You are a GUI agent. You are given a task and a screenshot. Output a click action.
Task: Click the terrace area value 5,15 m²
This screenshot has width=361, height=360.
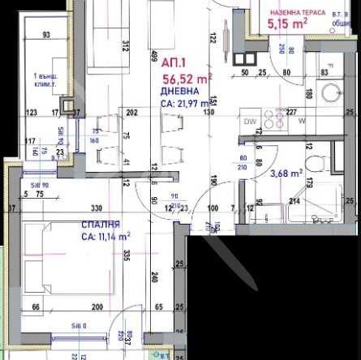coord(286,26)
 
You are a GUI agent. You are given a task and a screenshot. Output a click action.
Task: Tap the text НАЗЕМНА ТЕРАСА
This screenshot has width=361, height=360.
coord(297,13)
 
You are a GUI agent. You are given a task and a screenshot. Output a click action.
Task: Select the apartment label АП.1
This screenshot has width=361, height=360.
coord(173,62)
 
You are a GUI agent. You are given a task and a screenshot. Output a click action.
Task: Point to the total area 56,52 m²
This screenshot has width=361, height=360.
coord(186,79)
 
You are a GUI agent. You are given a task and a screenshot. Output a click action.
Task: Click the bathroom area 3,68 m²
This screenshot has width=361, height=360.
coord(286,172)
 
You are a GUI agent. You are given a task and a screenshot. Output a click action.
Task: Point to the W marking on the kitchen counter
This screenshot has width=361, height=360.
coord(302,122)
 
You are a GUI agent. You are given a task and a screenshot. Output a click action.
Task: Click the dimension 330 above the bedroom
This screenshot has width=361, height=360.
coord(96,208)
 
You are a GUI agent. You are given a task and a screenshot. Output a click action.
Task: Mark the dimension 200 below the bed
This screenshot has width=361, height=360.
coord(97,308)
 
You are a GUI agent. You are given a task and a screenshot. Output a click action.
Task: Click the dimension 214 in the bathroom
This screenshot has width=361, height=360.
coord(294,201)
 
